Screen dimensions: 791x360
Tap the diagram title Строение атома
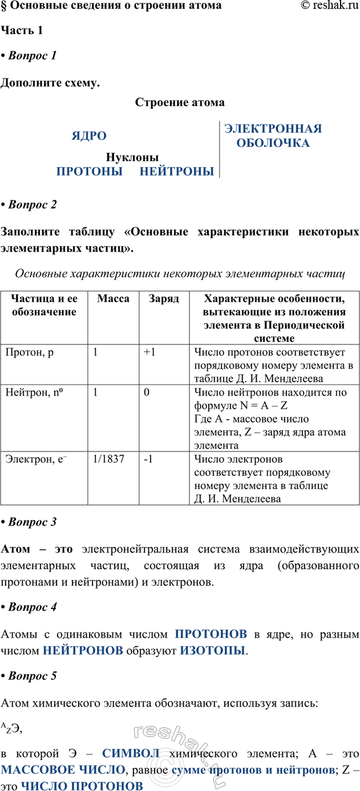click(180, 103)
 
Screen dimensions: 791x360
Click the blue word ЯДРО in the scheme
click(89, 136)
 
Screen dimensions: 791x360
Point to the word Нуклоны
click(132, 157)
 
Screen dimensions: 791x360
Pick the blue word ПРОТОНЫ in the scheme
click(90, 171)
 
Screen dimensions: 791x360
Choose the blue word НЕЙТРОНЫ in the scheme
click(177, 171)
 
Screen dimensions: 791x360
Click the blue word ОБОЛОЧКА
click(273, 143)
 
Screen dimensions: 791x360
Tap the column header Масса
click(113, 299)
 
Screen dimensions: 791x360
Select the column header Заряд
click(164, 299)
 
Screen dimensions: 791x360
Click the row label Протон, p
click(29, 352)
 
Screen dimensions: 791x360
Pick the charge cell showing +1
click(150, 352)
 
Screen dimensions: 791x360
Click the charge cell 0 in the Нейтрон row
click(147, 393)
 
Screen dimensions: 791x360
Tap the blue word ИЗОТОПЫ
click(212, 650)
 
